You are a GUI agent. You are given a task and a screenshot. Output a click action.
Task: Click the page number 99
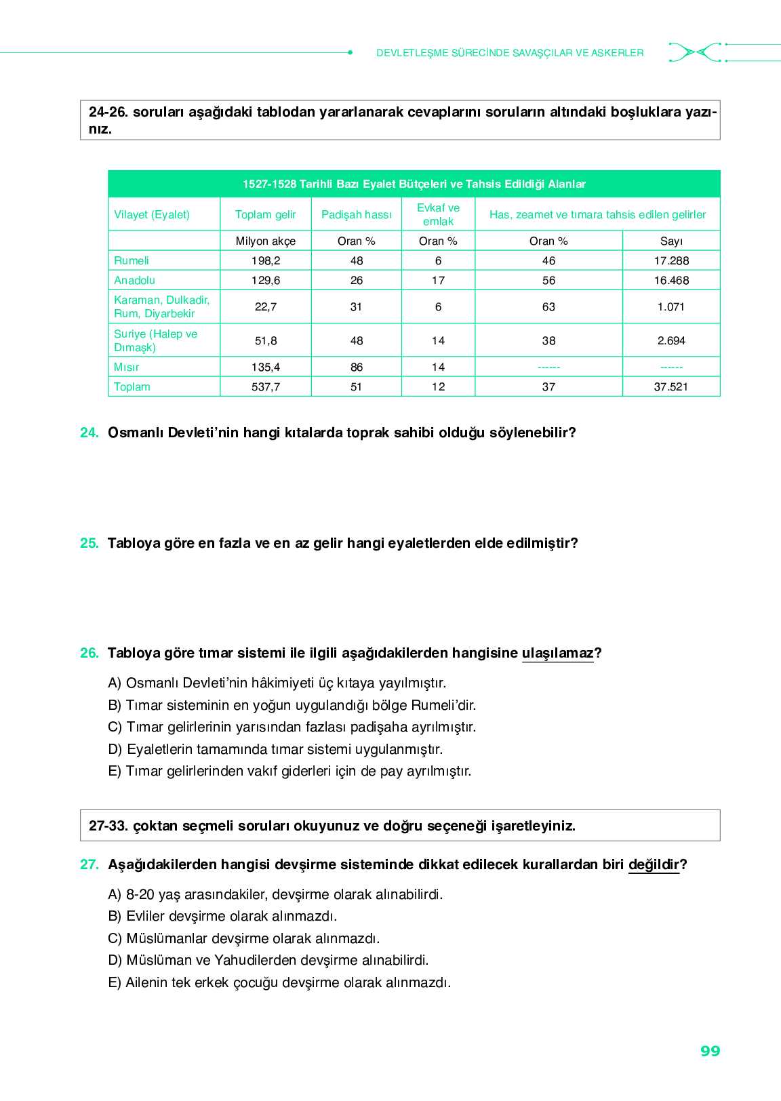(x=710, y=1051)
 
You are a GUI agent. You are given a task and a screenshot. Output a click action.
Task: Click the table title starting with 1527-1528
(x=414, y=184)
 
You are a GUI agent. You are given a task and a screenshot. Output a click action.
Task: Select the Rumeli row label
(x=132, y=260)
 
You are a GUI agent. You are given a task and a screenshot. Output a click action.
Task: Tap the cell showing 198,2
(x=266, y=260)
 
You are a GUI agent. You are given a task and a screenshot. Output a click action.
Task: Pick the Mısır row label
(x=127, y=367)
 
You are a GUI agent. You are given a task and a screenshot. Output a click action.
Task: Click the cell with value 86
(x=357, y=367)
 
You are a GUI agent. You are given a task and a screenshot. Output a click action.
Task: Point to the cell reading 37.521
(x=670, y=386)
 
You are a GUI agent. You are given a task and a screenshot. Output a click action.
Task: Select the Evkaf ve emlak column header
(x=438, y=214)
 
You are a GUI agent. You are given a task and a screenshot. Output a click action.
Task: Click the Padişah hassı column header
(x=357, y=214)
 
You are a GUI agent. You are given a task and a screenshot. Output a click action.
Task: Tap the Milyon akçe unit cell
(x=266, y=241)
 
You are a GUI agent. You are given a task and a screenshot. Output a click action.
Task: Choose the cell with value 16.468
(x=671, y=280)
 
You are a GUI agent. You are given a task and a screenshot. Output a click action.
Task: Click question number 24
(x=89, y=433)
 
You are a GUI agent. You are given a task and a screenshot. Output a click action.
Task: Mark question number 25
(x=89, y=543)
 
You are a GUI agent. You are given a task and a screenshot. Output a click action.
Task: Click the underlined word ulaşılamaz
(x=557, y=653)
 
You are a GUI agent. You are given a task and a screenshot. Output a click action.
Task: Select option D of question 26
(x=275, y=749)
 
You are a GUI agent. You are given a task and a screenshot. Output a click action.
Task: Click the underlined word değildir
(x=654, y=864)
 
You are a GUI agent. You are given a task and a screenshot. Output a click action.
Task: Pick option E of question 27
(x=279, y=982)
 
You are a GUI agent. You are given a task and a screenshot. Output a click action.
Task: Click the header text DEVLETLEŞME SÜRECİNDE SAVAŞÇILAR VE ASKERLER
(x=510, y=53)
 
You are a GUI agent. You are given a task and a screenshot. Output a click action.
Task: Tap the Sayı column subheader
(x=671, y=241)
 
